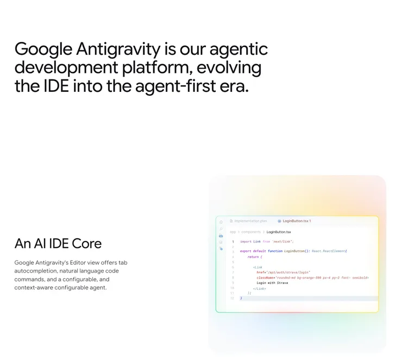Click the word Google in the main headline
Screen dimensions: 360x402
click(x=43, y=49)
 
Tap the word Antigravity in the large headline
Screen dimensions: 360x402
click(x=118, y=49)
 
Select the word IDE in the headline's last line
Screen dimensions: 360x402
click(x=56, y=86)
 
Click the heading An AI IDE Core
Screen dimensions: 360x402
click(x=58, y=243)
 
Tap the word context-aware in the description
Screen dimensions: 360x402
click(x=33, y=287)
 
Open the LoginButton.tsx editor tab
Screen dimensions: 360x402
click(x=294, y=221)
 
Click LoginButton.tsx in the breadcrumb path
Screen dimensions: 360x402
click(x=280, y=232)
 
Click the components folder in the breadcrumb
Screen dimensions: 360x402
click(x=251, y=232)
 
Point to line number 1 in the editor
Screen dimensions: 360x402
click(x=233, y=241)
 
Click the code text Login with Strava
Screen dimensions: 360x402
click(x=272, y=283)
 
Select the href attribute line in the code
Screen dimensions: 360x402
click(x=283, y=272)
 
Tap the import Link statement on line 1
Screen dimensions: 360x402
click(x=267, y=241)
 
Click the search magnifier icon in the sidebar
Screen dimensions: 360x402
click(x=221, y=229)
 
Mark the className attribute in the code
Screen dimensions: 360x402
click(x=266, y=277)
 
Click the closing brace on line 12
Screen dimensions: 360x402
click(x=241, y=298)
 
